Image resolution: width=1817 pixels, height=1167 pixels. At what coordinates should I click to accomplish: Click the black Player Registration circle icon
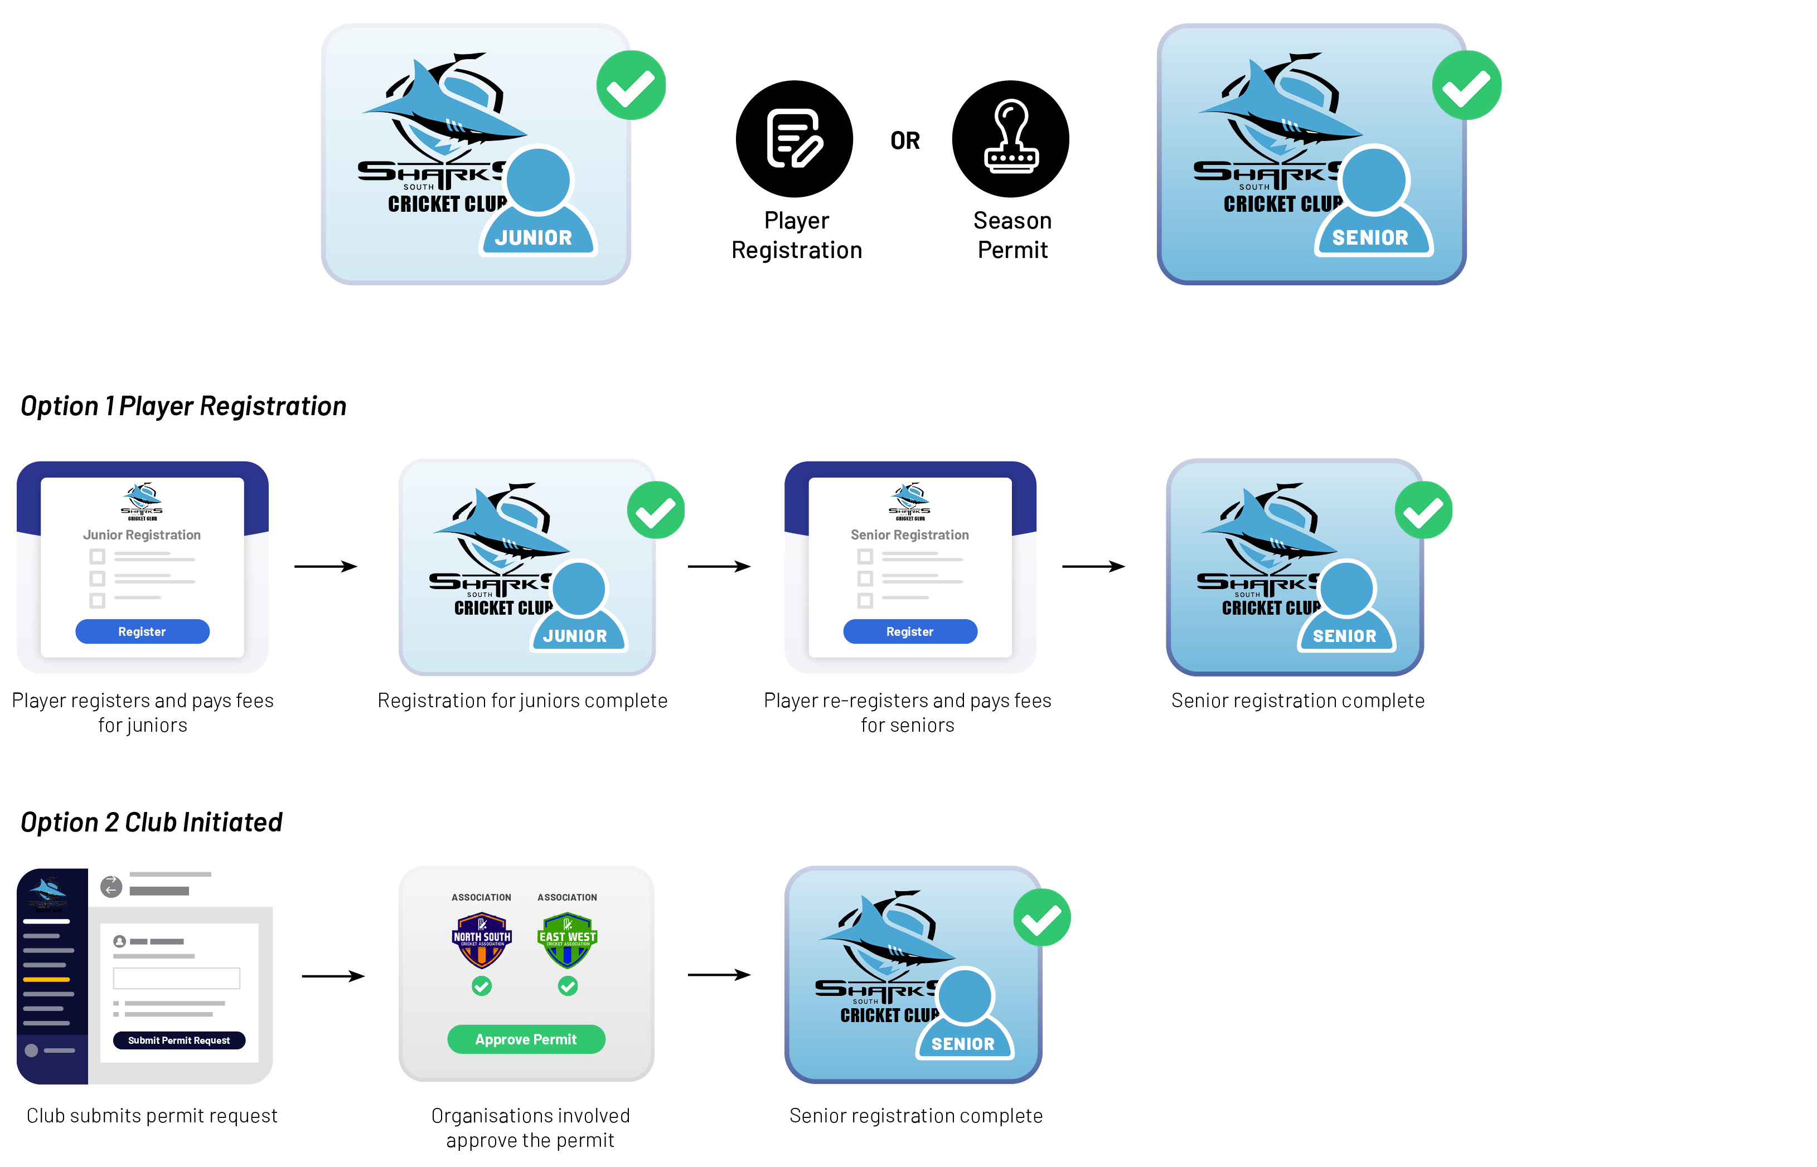point(794,139)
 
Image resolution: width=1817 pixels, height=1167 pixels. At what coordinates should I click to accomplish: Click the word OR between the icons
point(904,141)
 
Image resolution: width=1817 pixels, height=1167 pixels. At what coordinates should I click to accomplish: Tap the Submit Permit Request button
point(179,1040)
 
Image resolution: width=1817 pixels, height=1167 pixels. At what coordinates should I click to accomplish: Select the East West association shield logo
point(567,940)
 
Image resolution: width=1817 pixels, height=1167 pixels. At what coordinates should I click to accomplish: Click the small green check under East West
point(567,985)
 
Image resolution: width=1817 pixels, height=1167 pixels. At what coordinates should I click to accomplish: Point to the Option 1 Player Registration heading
point(183,406)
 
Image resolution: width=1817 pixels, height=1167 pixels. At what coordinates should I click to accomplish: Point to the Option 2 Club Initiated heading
point(151,822)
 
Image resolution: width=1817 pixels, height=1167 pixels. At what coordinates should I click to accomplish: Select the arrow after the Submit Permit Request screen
point(333,976)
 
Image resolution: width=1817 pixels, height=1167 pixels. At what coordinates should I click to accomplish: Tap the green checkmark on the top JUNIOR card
point(631,86)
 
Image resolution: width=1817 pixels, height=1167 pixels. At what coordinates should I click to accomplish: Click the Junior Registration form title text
point(142,535)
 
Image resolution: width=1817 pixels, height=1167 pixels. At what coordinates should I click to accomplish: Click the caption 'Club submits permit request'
point(152,1116)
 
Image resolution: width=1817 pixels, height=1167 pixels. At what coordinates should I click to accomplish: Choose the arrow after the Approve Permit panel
point(719,975)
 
